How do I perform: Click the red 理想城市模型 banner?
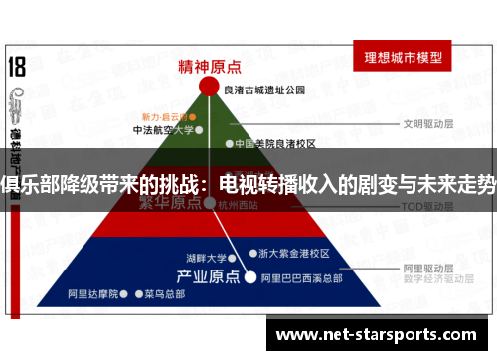pos(404,56)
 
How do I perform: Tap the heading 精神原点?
pos(209,66)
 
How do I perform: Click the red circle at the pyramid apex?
pos(209,87)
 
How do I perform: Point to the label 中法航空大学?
pos(162,129)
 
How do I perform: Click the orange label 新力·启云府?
pos(165,114)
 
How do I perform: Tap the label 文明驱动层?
pos(427,125)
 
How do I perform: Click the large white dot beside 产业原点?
pos(250,277)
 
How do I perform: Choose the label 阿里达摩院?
pos(92,294)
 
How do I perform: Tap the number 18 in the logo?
pos(17,69)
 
